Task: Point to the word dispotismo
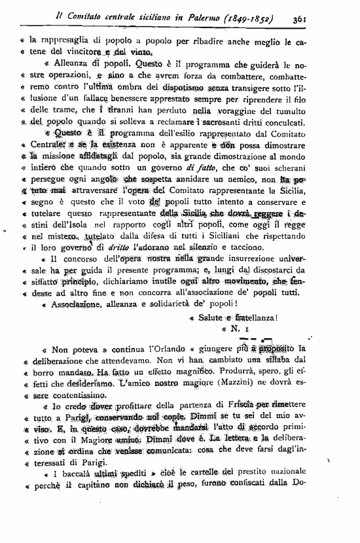tap(161, 86)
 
